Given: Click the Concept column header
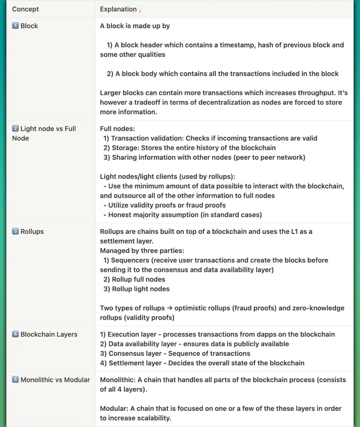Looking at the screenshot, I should point(25,9).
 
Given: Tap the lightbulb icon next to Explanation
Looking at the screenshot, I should point(140,9).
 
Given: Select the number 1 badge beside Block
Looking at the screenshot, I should point(15,26).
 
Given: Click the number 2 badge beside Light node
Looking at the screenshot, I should point(15,128).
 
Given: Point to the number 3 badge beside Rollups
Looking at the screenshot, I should point(15,231).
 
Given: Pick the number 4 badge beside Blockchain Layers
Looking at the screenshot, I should point(15,334).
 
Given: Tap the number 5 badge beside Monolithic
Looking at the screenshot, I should point(15,379).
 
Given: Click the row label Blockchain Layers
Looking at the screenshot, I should point(49,334).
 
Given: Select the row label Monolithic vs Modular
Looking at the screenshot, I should point(55,380).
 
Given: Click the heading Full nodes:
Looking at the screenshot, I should point(117,129).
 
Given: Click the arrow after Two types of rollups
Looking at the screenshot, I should point(170,308).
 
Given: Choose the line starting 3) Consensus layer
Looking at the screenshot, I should point(175,353).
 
